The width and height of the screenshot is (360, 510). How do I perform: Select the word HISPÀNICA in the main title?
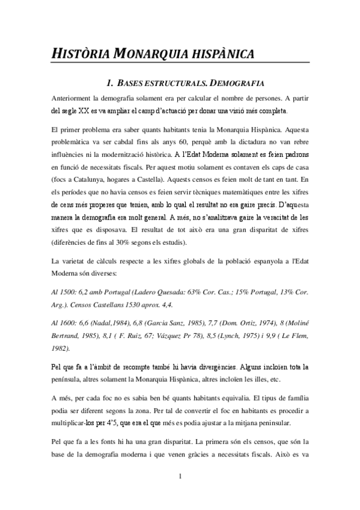point(219,54)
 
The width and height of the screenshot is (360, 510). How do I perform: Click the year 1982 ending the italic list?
point(61,348)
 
